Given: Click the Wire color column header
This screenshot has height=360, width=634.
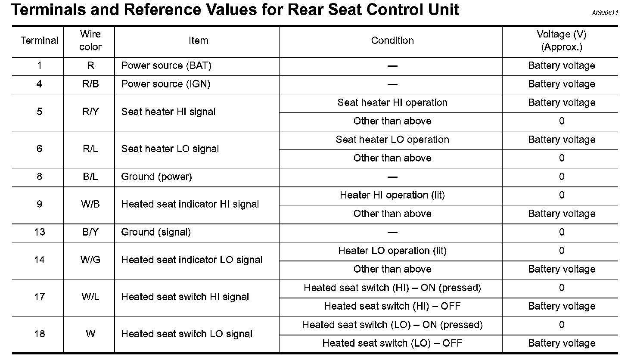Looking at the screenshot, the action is pyautogui.click(x=90, y=40).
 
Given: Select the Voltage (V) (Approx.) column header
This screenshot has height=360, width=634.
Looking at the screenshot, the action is pyautogui.click(x=561, y=40).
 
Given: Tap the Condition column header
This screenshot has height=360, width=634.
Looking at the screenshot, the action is pyautogui.click(x=392, y=40).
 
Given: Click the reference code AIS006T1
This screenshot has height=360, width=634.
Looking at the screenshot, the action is pyautogui.click(x=605, y=13).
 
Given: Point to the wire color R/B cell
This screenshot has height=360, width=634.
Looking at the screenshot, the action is pyautogui.click(x=90, y=84).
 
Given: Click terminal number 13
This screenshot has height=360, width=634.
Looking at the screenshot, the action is pyautogui.click(x=39, y=232).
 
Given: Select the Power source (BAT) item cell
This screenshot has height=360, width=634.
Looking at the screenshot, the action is pyautogui.click(x=166, y=65).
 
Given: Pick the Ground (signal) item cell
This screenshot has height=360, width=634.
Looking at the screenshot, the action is pyautogui.click(x=156, y=232).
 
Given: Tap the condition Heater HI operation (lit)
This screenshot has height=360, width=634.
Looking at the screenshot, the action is pyautogui.click(x=392, y=195).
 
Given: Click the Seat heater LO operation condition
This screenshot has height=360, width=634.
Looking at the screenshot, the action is pyautogui.click(x=392, y=140).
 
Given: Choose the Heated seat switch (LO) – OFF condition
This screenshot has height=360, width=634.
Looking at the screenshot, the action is pyautogui.click(x=392, y=343).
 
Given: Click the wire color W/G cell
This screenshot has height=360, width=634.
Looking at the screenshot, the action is pyautogui.click(x=90, y=260).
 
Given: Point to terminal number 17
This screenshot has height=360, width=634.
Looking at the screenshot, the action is pyautogui.click(x=39, y=297).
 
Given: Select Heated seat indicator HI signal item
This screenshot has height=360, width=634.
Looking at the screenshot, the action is pyautogui.click(x=190, y=204).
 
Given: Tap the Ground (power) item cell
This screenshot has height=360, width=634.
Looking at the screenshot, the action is pyautogui.click(x=156, y=177).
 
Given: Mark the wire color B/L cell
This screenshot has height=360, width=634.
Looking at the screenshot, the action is pyautogui.click(x=90, y=177).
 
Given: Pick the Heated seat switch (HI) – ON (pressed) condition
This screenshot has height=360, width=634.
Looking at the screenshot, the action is pyautogui.click(x=392, y=288).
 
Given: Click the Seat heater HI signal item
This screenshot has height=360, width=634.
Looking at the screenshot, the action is pyautogui.click(x=168, y=112).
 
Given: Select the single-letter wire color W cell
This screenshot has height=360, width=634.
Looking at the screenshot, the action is pyautogui.click(x=90, y=334).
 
